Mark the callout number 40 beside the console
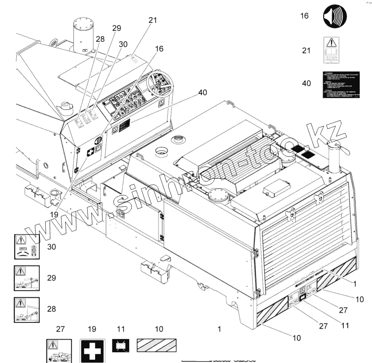click(x=202, y=93)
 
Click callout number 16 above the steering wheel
click(x=159, y=49)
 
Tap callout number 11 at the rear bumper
click(x=345, y=326)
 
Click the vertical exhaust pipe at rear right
click(x=335, y=159)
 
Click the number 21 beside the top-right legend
click(x=306, y=50)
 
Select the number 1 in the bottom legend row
click(x=219, y=329)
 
